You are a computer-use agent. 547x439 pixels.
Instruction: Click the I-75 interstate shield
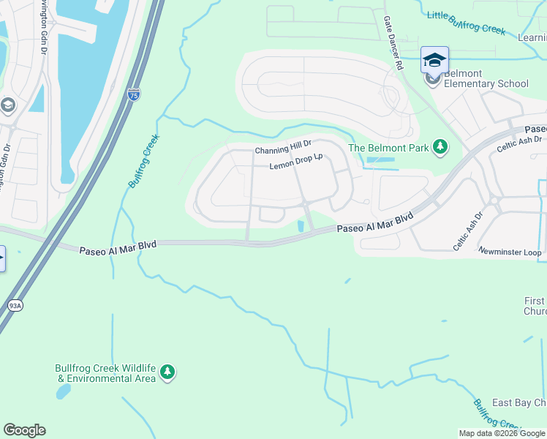(x=132, y=94)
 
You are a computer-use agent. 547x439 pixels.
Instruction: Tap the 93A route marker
(x=14, y=305)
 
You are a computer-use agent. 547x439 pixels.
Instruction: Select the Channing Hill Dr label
(x=283, y=150)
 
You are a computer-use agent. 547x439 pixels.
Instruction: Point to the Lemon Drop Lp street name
(x=296, y=165)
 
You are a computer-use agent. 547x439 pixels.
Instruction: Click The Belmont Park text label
(x=388, y=148)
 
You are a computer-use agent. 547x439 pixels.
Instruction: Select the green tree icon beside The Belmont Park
(x=440, y=148)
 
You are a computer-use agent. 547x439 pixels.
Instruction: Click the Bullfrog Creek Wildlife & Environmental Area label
(x=105, y=373)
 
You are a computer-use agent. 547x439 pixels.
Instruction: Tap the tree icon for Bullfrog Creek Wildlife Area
(x=168, y=373)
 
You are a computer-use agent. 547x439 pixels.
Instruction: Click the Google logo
(x=24, y=430)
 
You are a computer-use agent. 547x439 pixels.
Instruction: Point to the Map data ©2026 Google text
(x=502, y=433)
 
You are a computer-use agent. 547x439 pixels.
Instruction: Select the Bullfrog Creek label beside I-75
(x=143, y=162)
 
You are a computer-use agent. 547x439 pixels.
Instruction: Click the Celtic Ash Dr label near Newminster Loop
(x=468, y=230)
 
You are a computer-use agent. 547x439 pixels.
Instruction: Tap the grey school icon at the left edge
(x=8, y=105)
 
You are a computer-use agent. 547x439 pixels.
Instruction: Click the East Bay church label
(x=518, y=403)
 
